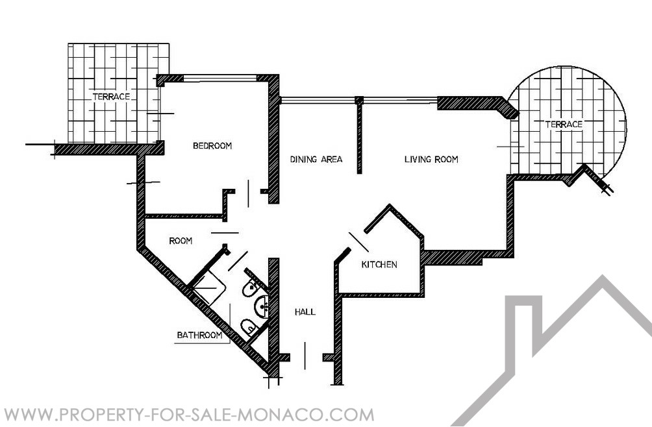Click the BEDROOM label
pos(212,146)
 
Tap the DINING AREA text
pos(316,159)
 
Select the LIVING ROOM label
pos(431,159)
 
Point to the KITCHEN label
pos(379,264)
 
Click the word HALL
pos(305,311)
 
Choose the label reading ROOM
pos(181,241)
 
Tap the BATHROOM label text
pos(199,335)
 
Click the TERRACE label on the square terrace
pos(112,96)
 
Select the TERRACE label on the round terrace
pos(564,124)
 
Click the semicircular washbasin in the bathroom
pos(261,308)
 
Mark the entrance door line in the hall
pos(305,356)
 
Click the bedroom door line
pos(249,193)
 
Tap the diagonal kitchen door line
pos(358,242)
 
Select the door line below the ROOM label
pos(225,233)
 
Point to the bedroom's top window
pos(220,78)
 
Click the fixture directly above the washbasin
pos(250,287)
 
